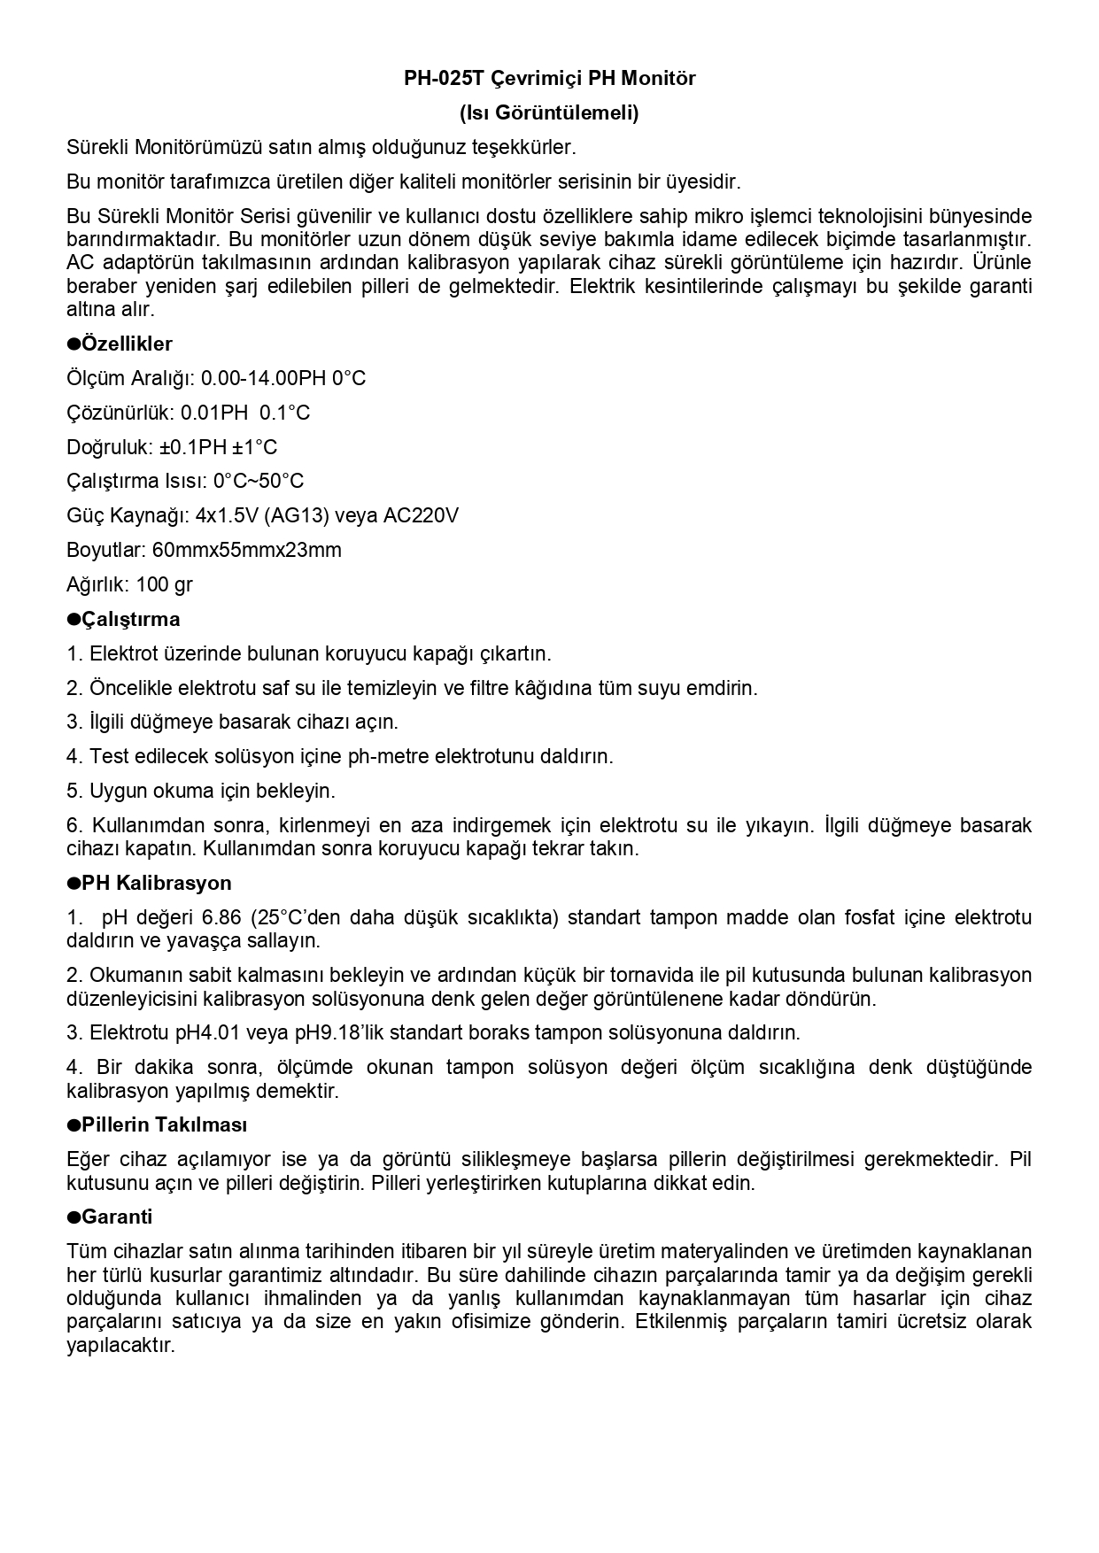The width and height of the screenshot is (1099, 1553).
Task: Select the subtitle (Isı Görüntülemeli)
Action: pos(549,113)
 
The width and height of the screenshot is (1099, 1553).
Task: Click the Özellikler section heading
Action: pos(127,344)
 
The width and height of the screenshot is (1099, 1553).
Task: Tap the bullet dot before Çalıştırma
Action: pos(74,619)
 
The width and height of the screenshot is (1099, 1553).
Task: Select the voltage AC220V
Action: pos(421,515)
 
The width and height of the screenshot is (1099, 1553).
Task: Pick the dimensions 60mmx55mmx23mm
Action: pos(246,550)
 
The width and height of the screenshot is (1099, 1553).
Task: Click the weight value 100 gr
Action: pos(165,584)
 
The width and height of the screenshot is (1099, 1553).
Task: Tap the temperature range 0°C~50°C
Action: pos(259,481)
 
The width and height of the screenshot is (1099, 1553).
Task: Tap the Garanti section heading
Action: pos(117,1217)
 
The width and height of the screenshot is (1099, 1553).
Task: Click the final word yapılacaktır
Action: pos(121,1346)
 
